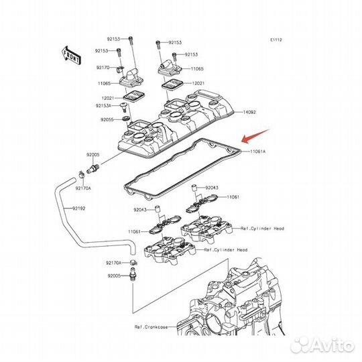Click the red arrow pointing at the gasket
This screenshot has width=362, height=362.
tap(255, 137)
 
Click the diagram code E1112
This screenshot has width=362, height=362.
tap(276, 40)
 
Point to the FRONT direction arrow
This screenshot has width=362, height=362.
tap(70, 53)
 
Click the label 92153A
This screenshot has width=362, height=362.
tap(104, 106)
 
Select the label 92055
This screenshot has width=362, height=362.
tap(109, 119)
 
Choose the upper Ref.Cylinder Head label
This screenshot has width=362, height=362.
tap(262, 229)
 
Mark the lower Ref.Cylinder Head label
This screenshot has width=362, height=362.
tap(226, 249)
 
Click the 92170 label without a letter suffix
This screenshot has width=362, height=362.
tap(103, 67)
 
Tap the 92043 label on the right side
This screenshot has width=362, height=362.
tap(213, 188)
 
